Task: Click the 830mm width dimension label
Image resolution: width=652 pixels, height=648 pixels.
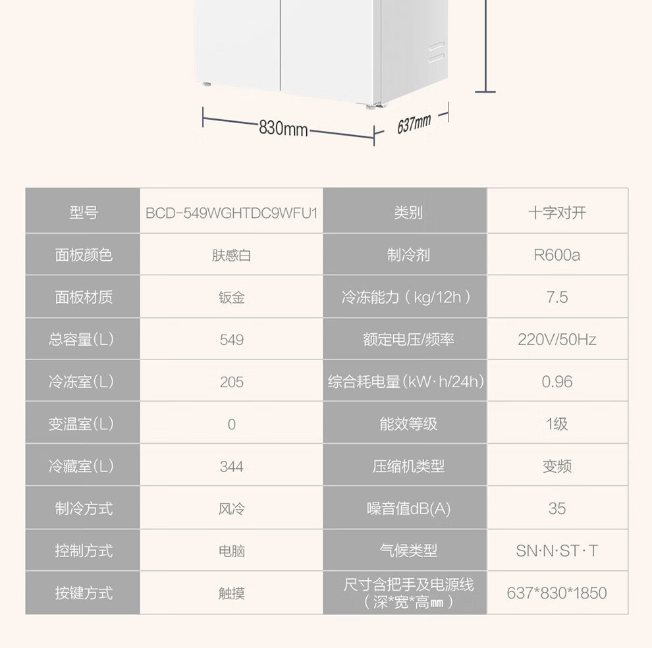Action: tap(283, 128)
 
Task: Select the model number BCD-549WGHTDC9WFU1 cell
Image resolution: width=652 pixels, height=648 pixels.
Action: tap(231, 213)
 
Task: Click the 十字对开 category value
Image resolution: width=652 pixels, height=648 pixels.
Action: tap(557, 213)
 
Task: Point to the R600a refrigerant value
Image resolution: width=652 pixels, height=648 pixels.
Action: tap(557, 255)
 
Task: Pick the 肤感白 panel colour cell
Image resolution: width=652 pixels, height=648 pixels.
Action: tap(231, 255)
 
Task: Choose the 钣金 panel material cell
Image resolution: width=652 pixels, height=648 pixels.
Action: tap(231, 297)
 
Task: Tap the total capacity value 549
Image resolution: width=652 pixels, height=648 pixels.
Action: tap(231, 340)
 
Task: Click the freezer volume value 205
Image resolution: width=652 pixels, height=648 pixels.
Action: tap(231, 382)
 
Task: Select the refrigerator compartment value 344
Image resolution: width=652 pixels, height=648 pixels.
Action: tap(231, 466)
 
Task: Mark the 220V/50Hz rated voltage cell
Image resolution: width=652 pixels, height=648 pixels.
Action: tap(557, 340)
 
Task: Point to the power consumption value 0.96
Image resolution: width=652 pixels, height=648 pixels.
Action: tap(557, 382)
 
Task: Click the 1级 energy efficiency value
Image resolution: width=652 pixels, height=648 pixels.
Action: tap(557, 424)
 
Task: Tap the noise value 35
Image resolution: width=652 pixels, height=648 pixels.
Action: tap(557, 508)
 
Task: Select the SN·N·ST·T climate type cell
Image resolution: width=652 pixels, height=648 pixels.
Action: tap(557, 551)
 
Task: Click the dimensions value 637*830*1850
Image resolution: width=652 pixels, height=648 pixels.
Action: tap(557, 593)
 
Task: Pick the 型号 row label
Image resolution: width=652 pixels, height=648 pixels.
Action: tap(83, 213)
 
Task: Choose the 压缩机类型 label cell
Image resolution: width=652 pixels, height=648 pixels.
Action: tap(408, 466)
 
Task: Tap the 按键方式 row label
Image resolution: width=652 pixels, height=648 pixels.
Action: tap(83, 593)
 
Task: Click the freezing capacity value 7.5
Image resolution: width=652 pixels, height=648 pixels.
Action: tap(557, 297)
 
